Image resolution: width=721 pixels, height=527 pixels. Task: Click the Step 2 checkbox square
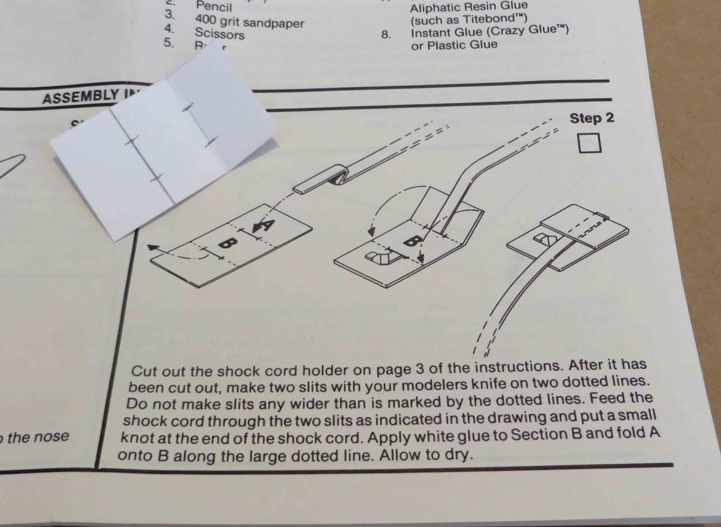(x=589, y=144)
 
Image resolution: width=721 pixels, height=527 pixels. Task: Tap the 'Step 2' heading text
(x=591, y=118)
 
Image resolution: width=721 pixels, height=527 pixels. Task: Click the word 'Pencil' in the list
(x=214, y=7)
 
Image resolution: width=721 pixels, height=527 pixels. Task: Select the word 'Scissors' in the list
(x=219, y=34)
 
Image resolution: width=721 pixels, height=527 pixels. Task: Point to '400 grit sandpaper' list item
(x=249, y=22)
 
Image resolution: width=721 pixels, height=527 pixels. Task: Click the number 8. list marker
(x=386, y=35)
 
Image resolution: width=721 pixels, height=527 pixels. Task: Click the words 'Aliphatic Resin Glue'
(x=469, y=7)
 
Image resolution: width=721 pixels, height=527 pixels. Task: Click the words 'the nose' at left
(x=38, y=436)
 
